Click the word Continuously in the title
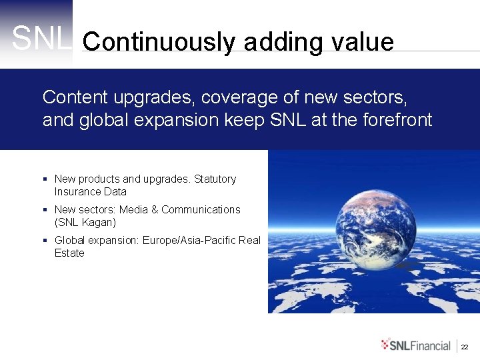159,42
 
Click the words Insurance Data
90,191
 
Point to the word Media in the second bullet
133,209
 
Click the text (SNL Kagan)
85,222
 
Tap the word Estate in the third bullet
69,253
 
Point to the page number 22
465,347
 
